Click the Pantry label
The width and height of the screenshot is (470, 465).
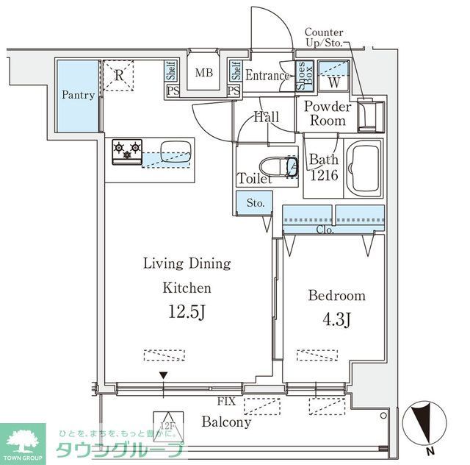point(77,96)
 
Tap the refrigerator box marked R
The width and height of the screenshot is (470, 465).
point(118,75)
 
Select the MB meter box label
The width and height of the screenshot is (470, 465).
point(203,74)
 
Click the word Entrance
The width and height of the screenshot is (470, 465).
point(267,75)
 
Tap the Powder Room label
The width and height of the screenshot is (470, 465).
point(328,114)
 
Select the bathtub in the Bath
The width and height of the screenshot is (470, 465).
point(364,168)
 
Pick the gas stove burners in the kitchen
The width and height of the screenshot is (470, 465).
point(126,152)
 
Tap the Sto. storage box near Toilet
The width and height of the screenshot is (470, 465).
point(254,202)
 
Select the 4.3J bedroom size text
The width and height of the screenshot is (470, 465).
point(336,322)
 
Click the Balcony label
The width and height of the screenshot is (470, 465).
point(226,422)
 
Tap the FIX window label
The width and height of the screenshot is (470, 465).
point(227,402)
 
